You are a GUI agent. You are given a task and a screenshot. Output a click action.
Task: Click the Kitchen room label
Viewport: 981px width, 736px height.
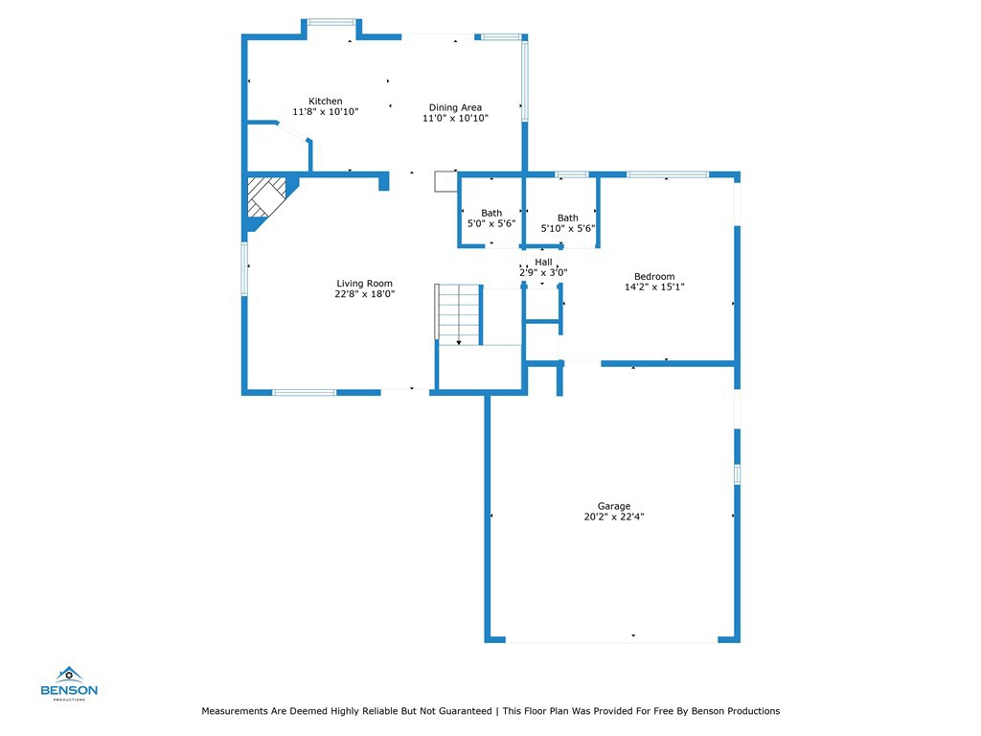point(326,101)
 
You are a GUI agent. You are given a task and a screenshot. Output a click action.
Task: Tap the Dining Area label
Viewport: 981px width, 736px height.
point(455,107)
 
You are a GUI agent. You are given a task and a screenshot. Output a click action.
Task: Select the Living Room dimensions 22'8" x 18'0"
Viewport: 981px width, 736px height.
point(365,293)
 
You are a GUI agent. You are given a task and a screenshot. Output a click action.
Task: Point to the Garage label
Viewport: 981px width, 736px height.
point(614,506)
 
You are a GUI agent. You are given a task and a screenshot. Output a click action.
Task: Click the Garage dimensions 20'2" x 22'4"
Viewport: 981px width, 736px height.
point(614,517)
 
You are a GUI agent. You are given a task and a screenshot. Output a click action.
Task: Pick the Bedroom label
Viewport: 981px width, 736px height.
point(654,276)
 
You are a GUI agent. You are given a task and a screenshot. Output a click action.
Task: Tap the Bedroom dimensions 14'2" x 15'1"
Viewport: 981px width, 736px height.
point(654,287)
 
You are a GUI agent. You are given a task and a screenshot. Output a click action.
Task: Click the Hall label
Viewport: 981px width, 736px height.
point(544,262)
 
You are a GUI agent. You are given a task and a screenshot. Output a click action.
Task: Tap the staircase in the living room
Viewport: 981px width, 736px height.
point(459,314)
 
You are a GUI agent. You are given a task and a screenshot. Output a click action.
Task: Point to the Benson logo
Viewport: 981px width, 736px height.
point(69,683)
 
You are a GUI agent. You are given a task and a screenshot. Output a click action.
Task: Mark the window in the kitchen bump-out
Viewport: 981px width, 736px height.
point(331,23)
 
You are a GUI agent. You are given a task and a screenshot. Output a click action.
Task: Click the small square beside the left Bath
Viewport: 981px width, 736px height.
point(446,181)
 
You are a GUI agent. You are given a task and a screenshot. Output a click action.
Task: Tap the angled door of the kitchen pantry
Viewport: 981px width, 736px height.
point(293,130)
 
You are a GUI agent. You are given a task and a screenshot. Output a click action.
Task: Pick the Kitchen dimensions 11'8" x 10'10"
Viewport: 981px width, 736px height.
point(326,111)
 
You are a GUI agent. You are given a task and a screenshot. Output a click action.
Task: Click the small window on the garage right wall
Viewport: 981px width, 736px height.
point(737,474)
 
